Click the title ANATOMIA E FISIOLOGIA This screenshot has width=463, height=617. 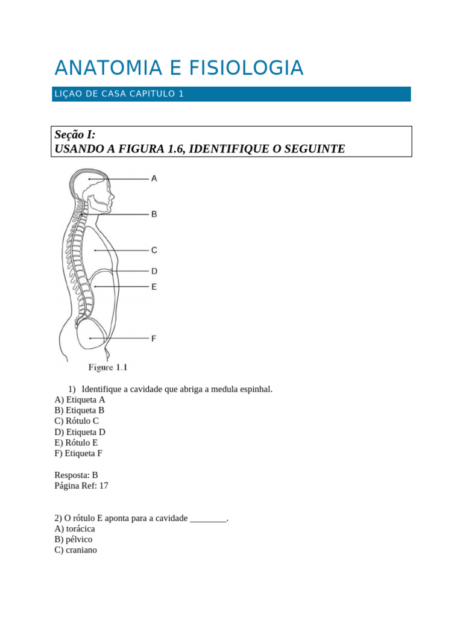click(x=178, y=68)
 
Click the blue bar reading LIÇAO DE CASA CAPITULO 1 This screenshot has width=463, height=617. click(x=231, y=94)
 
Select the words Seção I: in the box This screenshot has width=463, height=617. click(x=75, y=134)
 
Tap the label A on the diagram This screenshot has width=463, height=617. click(x=154, y=178)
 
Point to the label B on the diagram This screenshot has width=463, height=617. click(x=154, y=214)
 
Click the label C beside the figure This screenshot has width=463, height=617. click(x=154, y=250)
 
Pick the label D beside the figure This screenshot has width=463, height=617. click(x=154, y=271)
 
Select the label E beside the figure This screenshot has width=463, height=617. click(x=154, y=287)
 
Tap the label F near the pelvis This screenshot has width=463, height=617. click(x=154, y=339)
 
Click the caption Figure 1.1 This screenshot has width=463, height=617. click(x=108, y=367)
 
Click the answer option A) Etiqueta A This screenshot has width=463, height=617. click(x=80, y=399)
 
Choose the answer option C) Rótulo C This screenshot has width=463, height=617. click(x=77, y=421)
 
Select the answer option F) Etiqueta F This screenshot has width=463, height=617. click(x=78, y=454)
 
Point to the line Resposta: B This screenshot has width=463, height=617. click(x=76, y=475)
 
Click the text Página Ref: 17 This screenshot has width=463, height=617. click(x=81, y=486)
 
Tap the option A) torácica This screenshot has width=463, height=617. click(x=75, y=528)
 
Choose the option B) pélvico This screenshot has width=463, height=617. click(x=74, y=539)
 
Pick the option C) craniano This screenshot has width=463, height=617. click(x=75, y=550)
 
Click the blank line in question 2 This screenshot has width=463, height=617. click(x=209, y=518)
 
